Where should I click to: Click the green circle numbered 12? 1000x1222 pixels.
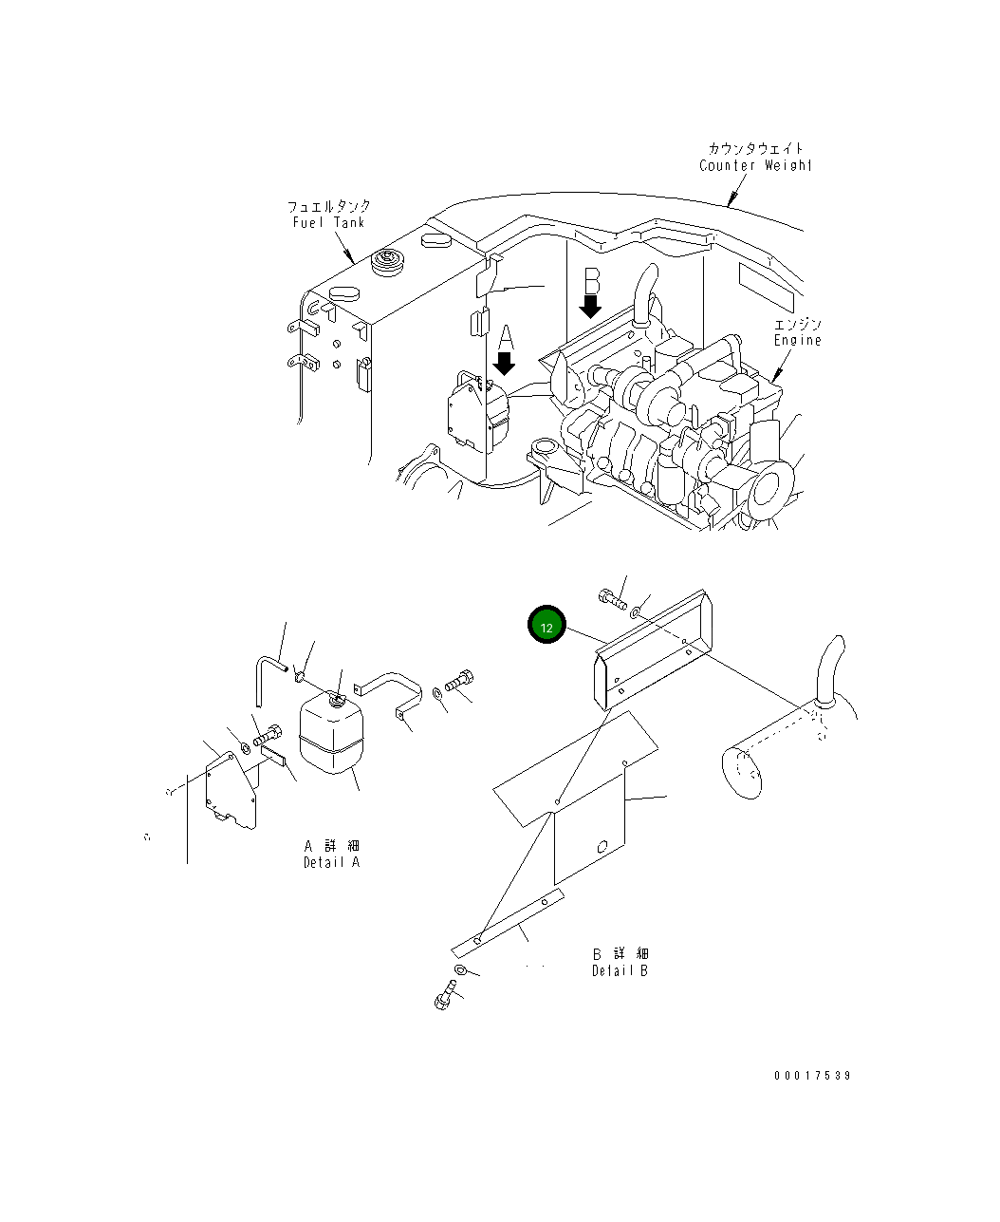pyautogui.click(x=546, y=627)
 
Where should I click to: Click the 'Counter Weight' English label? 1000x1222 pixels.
pyautogui.click(x=755, y=165)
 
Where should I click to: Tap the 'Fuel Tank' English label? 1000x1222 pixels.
pyautogui.click(x=328, y=222)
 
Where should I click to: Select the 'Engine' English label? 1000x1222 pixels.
pyautogui.click(x=797, y=340)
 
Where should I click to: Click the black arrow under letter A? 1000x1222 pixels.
pyautogui.click(x=504, y=363)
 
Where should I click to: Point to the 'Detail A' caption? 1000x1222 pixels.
pyautogui.click(x=331, y=862)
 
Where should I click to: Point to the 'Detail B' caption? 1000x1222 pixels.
pyautogui.click(x=620, y=970)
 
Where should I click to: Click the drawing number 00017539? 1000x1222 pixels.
pyautogui.click(x=811, y=1076)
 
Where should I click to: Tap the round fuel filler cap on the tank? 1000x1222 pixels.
pyautogui.click(x=387, y=261)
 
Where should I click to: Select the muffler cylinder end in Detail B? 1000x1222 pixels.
pyautogui.click(x=741, y=774)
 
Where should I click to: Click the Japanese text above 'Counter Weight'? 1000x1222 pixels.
pyautogui.click(x=755, y=148)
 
